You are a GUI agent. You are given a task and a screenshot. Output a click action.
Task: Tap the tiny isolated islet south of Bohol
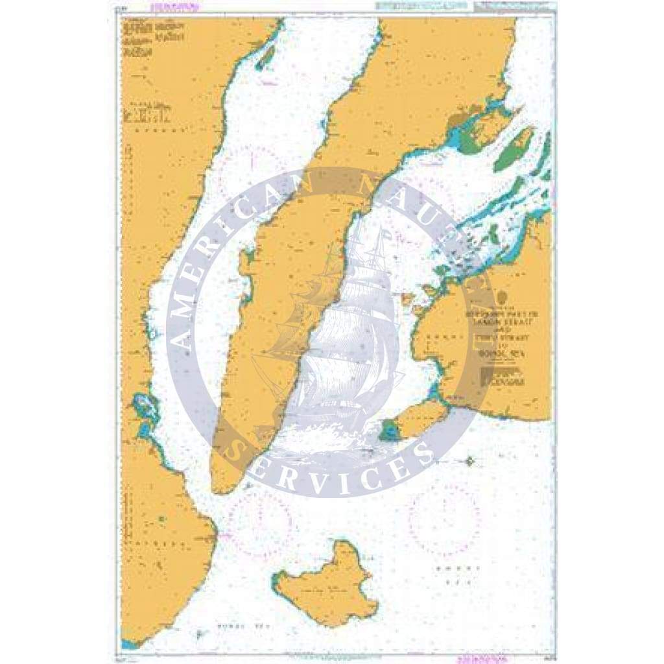point(470,462)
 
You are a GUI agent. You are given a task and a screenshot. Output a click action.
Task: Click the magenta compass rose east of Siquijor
point(445,519)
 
